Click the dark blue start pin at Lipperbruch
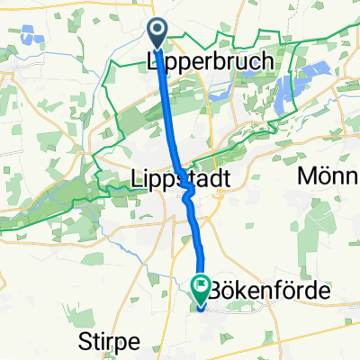[157, 34]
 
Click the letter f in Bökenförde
[268, 292]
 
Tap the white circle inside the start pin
[157, 32]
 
